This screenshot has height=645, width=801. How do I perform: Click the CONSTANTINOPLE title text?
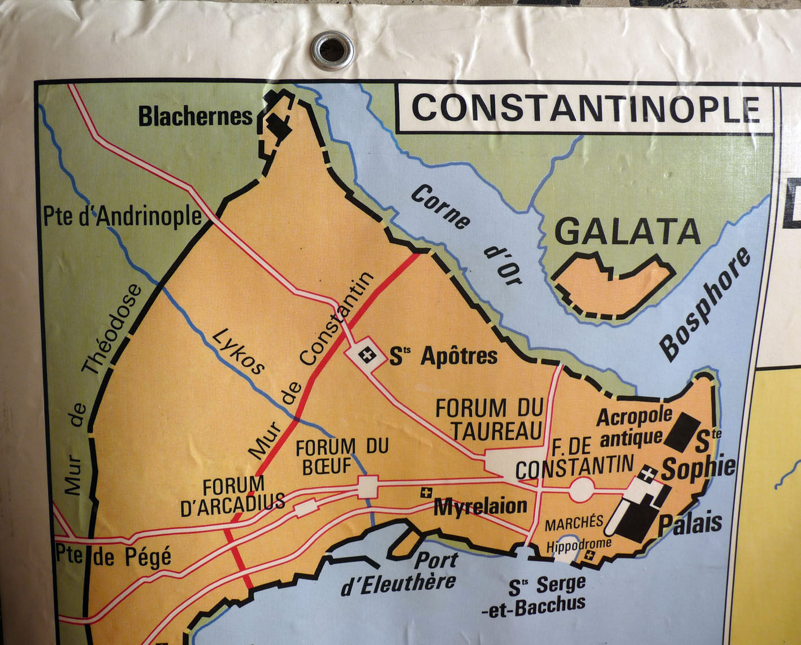tap(584, 108)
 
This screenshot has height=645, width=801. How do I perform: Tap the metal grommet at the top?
tap(332, 50)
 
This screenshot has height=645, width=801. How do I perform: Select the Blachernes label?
tap(196, 117)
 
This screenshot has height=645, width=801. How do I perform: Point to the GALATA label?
tap(628, 232)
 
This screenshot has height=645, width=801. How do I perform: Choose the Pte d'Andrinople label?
tap(122, 217)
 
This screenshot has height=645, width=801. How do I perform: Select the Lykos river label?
tap(238, 351)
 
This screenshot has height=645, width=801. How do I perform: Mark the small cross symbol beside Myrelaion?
tap(426, 493)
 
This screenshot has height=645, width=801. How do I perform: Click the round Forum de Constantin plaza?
tap(582, 489)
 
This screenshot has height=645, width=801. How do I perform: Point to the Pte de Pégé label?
tap(113, 557)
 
